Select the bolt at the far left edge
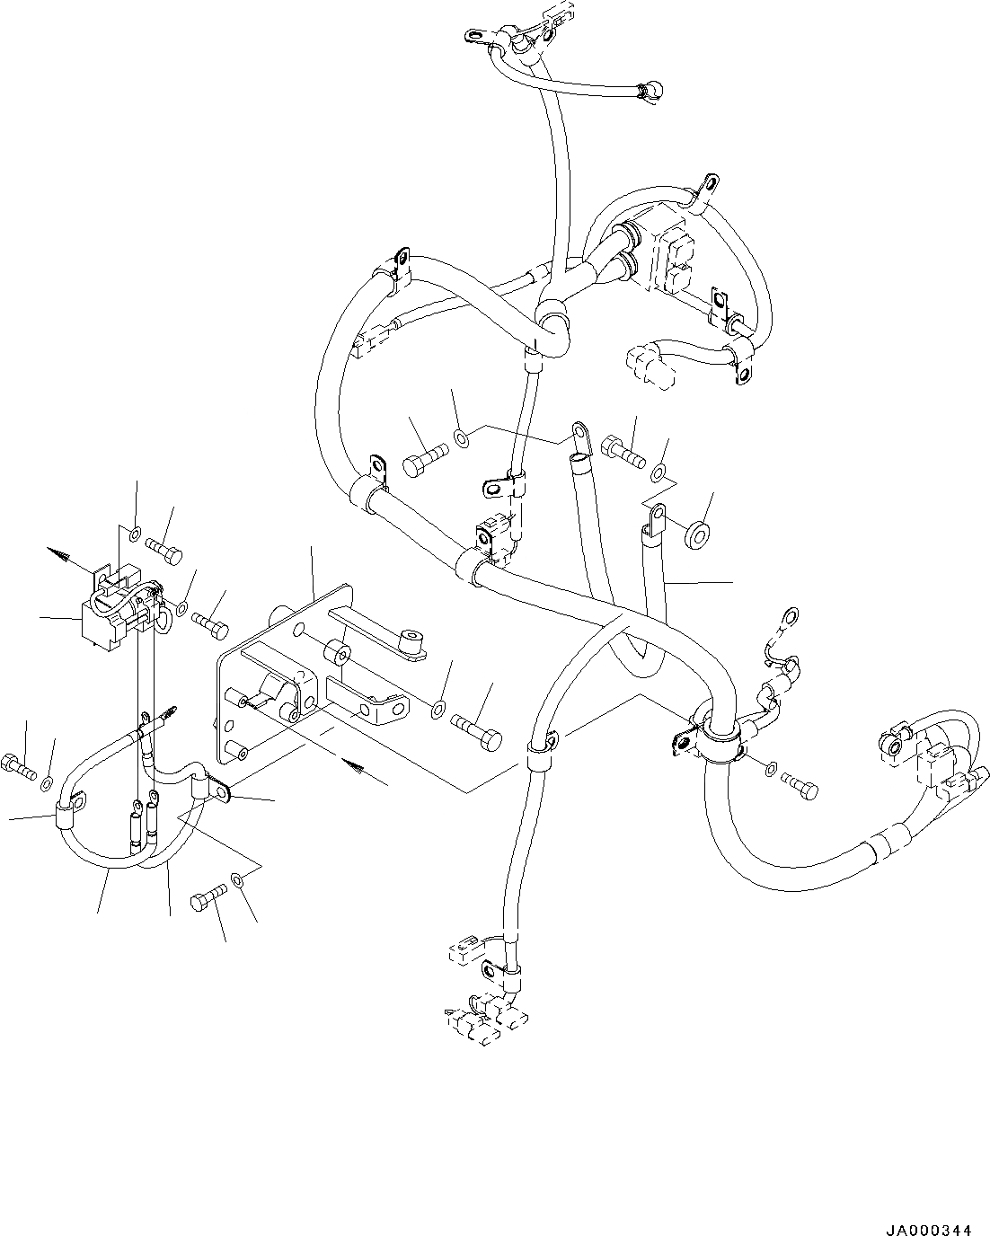[18, 765]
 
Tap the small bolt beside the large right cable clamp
[801, 782]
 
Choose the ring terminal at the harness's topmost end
[475, 37]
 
